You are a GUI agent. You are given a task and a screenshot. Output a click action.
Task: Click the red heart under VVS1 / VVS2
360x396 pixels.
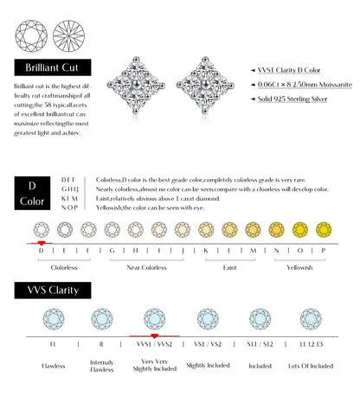pyautogui.click(x=155, y=333)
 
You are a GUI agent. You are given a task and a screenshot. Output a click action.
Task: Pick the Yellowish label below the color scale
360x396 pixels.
pyautogui.click(x=299, y=268)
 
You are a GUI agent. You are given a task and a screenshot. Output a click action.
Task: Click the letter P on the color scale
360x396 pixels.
pyautogui.click(x=323, y=251)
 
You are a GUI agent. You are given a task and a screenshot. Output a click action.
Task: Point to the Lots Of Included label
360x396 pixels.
pyautogui.click(x=310, y=366)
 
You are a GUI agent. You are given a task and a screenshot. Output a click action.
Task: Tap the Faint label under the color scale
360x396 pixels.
pyautogui.click(x=229, y=268)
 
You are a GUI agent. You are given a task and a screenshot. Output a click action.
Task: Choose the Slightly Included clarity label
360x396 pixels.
pyautogui.click(x=207, y=366)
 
